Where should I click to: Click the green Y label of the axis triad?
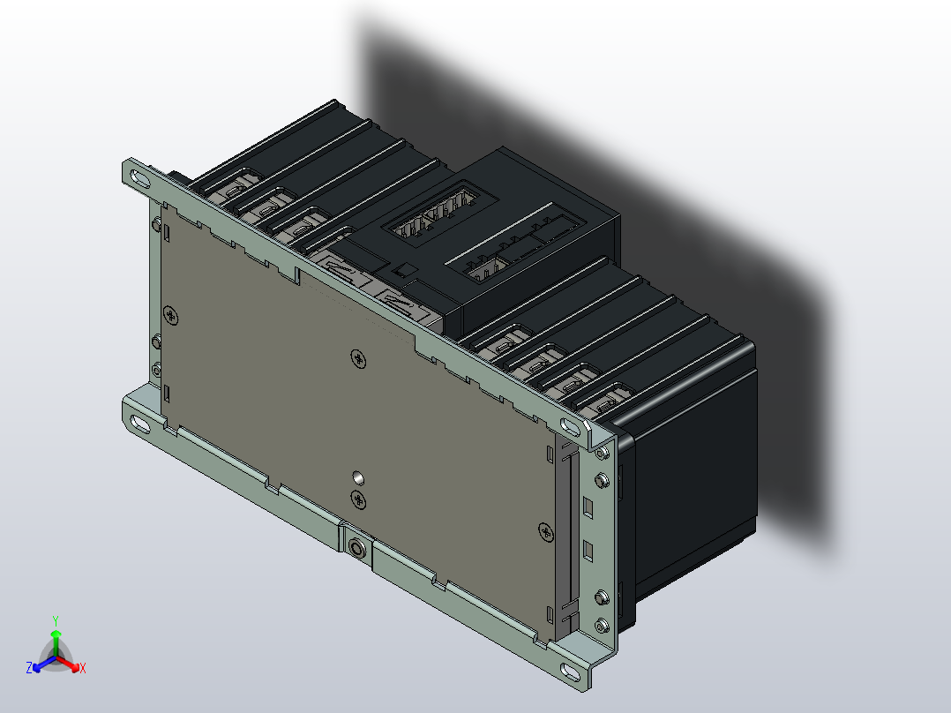(x=55, y=620)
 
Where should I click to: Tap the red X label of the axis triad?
(x=82, y=669)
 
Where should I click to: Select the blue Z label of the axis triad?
(x=29, y=669)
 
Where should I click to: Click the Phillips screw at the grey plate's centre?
(x=357, y=357)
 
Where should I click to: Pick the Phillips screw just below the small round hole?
(x=359, y=500)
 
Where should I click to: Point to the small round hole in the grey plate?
(x=357, y=477)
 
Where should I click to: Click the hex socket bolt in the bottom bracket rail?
(x=357, y=547)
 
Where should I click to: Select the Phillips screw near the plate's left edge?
(x=170, y=315)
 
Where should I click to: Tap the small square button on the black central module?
(x=405, y=270)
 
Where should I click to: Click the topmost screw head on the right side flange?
(x=602, y=454)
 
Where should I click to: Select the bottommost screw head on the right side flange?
(x=602, y=627)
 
